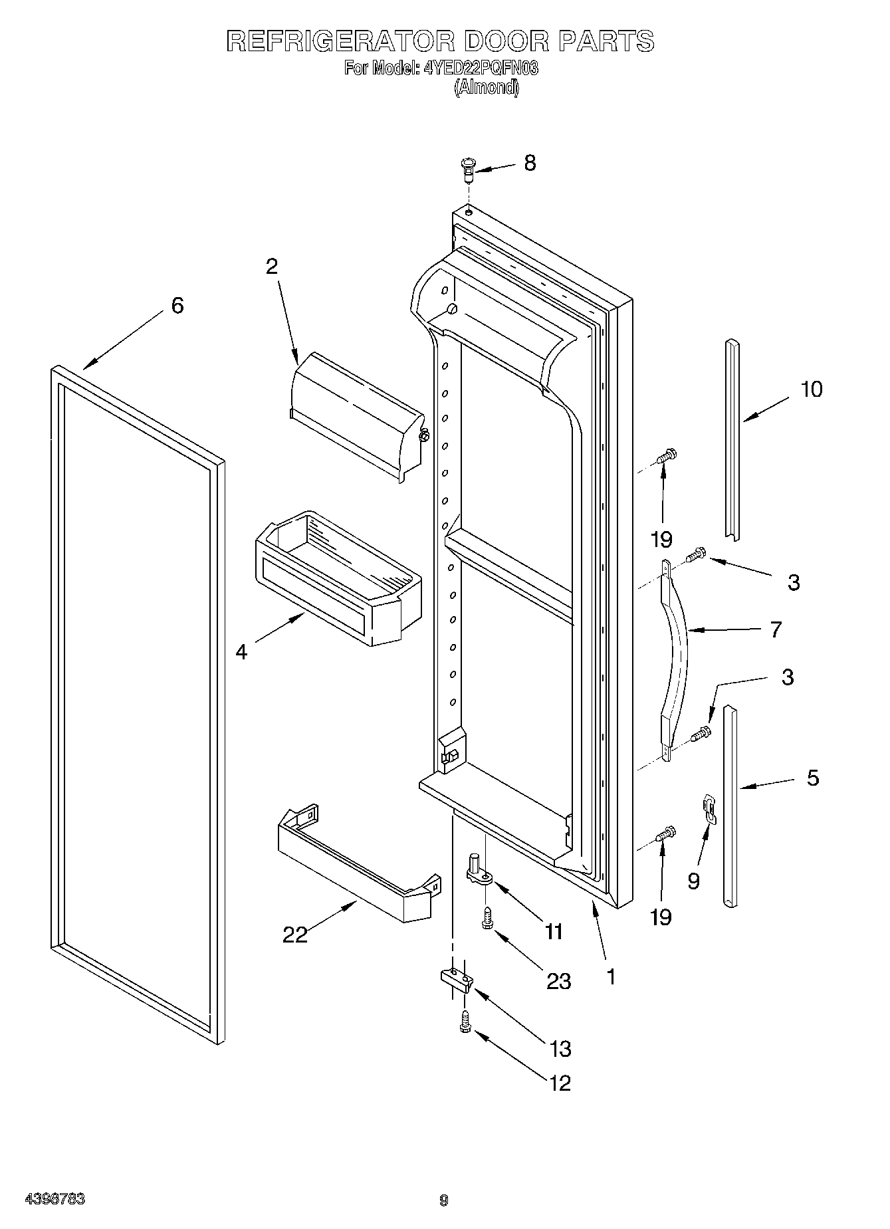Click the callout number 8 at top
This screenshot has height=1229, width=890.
(x=530, y=163)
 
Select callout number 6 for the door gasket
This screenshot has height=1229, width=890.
(x=177, y=306)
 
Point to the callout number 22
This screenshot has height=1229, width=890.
(x=295, y=935)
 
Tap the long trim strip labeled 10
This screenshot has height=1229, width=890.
(x=732, y=439)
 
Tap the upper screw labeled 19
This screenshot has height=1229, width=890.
(x=665, y=457)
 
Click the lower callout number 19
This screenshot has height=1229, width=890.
(x=661, y=917)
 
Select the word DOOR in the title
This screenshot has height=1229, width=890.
(x=506, y=41)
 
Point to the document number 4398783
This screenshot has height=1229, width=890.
(x=55, y=1200)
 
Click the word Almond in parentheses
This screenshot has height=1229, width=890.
(x=486, y=87)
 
